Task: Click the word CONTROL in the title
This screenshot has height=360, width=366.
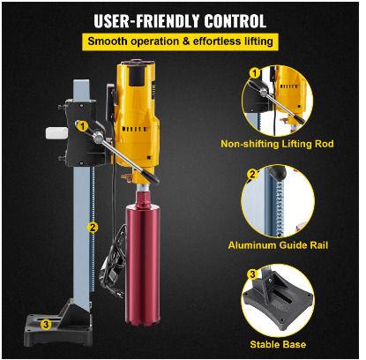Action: click(235, 21)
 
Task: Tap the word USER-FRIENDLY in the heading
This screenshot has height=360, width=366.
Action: click(146, 21)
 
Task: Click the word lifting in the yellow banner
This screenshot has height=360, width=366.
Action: click(259, 41)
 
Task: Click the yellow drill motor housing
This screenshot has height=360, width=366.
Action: click(137, 117)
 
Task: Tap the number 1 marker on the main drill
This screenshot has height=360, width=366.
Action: click(83, 126)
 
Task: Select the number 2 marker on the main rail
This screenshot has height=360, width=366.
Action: click(93, 227)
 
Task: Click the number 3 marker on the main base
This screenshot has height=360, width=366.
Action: click(46, 325)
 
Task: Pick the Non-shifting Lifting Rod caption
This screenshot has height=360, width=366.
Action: click(277, 144)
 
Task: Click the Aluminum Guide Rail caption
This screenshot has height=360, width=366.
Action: click(278, 245)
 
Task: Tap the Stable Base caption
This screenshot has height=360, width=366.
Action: click(278, 344)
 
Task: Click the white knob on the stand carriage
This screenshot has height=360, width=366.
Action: click(56, 133)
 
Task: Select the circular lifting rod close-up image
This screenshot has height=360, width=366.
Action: click(277, 101)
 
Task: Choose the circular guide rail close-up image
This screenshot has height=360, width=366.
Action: click(278, 201)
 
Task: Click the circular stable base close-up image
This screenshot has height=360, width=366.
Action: click(277, 300)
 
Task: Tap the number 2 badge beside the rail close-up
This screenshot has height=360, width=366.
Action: click(252, 175)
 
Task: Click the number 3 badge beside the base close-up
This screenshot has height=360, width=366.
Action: click(252, 274)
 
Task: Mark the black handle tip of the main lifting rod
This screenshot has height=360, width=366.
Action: click(153, 178)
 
